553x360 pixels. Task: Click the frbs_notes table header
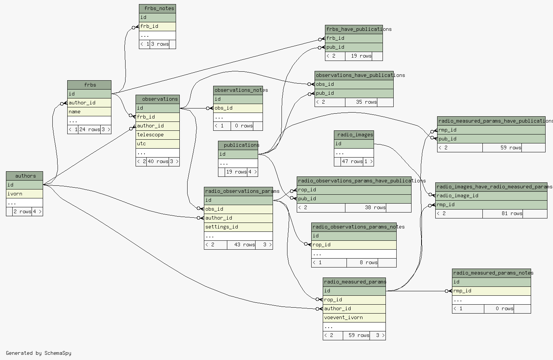click(x=157, y=9)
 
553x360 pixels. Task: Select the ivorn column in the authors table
click(x=25, y=194)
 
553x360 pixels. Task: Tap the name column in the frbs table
click(x=90, y=111)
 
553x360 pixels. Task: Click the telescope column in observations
click(x=157, y=135)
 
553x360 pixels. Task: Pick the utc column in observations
click(x=157, y=144)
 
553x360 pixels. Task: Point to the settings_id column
click(x=238, y=227)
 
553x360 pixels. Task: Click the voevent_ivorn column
click(x=354, y=318)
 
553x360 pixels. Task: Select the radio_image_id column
click(x=491, y=196)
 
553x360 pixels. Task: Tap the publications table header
click(x=238, y=145)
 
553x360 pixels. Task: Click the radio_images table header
click(x=354, y=135)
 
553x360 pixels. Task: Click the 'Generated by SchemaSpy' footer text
click(x=39, y=353)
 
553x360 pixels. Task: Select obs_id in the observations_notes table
click(x=238, y=108)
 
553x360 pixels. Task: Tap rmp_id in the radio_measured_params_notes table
click(x=491, y=291)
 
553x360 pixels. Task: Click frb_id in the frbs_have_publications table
click(x=354, y=38)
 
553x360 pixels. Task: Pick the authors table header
click(x=25, y=176)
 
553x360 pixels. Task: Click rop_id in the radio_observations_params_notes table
click(x=354, y=245)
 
